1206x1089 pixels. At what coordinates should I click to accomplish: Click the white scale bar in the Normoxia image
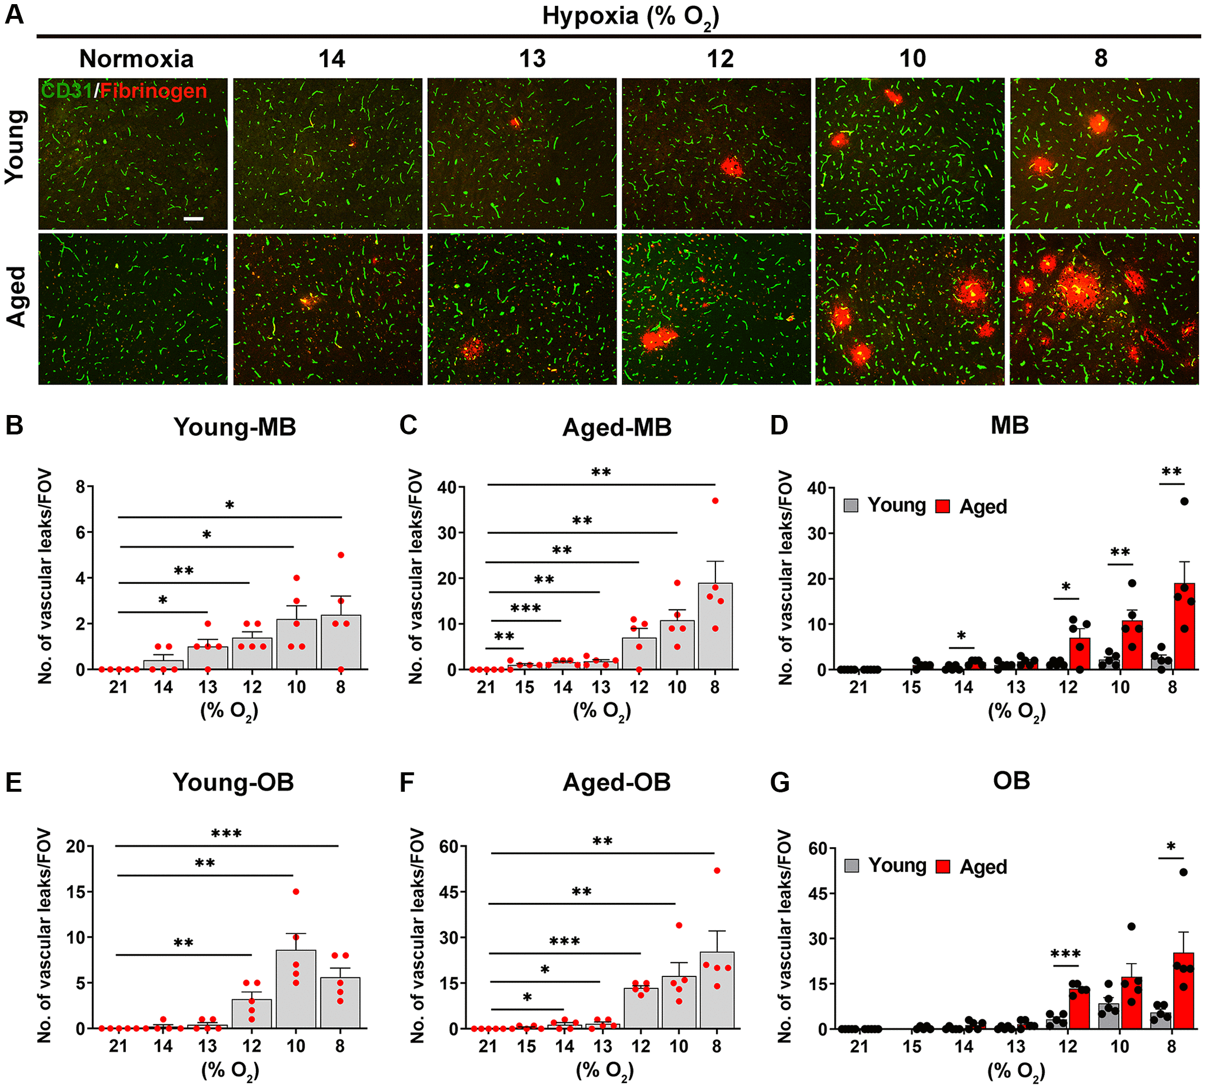pos(193,219)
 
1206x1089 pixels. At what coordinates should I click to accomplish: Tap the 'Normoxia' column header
pos(136,59)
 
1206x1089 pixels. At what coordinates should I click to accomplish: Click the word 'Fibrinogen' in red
pos(154,91)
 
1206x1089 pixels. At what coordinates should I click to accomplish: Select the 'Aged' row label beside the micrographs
pos(16,297)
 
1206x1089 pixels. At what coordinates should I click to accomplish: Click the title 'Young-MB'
pos(234,427)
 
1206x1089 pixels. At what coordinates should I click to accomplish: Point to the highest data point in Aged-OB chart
pos(717,871)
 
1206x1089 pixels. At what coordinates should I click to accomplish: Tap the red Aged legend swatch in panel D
pos(943,506)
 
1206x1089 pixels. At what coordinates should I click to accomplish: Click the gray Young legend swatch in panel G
pos(851,866)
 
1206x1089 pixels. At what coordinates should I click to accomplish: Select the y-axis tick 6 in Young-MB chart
pos(80,533)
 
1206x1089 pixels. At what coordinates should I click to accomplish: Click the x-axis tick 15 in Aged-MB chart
pos(524,687)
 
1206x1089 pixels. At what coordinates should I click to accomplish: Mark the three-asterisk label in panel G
pos(1065,954)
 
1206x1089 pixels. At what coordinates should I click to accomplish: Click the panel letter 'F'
pos(407,783)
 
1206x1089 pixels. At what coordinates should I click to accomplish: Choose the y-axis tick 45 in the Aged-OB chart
pos(449,892)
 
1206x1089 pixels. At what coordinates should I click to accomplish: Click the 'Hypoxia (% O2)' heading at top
pos(630,16)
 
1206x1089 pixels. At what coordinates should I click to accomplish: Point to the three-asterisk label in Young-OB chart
pos(226,834)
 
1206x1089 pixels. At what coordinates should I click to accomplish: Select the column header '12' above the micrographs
pos(720,59)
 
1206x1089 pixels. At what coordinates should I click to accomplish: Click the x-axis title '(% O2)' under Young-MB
pos(229,712)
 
